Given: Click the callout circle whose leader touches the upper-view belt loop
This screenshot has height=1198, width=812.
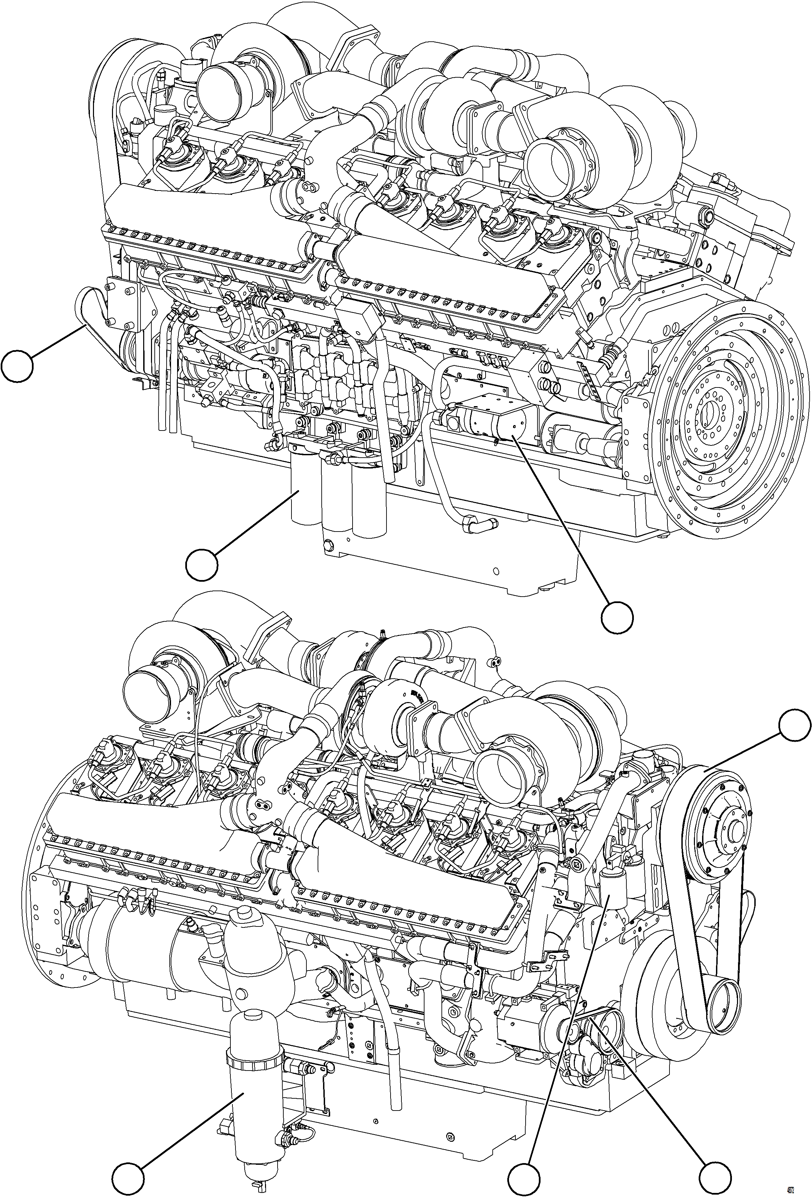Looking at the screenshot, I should (17, 366).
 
